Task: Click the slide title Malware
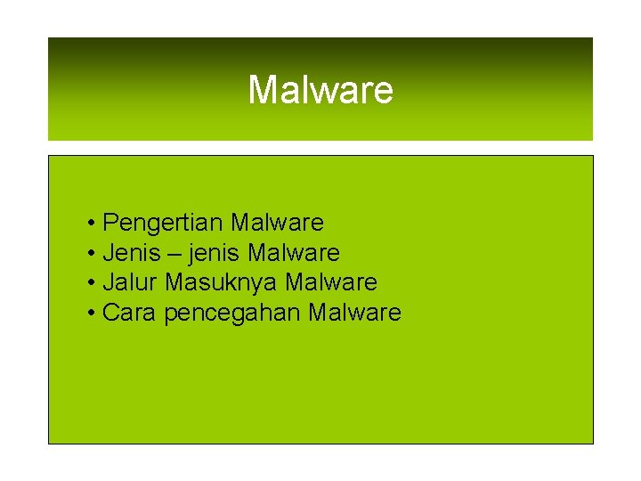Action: [320, 90]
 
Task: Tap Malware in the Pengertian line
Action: [277, 223]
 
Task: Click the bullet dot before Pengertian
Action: [93, 223]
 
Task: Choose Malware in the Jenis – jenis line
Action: [294, 253]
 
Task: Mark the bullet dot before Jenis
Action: [93, 253]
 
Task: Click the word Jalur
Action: [131, 283]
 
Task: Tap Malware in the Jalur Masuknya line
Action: [331, 283]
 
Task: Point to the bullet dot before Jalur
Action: [93, 283]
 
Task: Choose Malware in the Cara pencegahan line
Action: [354, 314]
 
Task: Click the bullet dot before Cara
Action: [93, 314]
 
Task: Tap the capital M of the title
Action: [263, 90]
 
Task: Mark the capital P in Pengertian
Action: [110, 223]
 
